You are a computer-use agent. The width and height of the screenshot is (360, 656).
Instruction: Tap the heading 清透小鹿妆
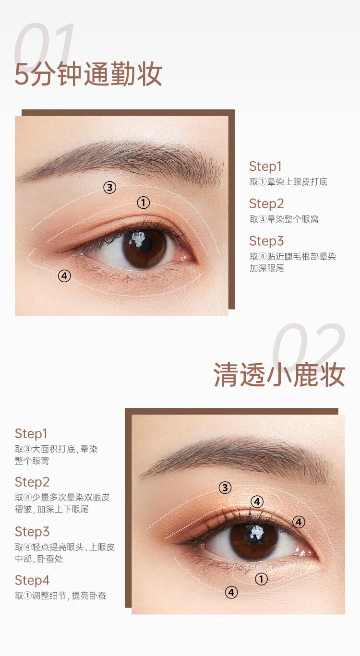click(x=279, y=375)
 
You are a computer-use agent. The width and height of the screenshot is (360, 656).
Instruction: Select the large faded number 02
click(x=309, y=347)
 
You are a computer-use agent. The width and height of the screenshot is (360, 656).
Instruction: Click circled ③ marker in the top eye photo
click(x=110, y=187)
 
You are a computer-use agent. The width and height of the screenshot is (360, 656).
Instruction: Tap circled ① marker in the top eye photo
click(x=143, y=203)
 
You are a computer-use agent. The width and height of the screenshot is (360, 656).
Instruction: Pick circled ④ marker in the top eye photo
click(x=64, y=275)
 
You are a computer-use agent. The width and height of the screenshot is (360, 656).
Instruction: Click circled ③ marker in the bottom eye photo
click(x=225, y=488)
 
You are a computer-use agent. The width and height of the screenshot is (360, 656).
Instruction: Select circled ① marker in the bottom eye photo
click(x=261, y=579)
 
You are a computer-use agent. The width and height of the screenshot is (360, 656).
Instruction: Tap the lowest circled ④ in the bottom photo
click(x=231, y=593)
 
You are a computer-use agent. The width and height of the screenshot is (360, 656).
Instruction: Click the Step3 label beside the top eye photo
click(x=266, y=241)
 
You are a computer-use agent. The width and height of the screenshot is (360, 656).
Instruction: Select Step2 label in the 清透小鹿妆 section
click(x=32, y=482)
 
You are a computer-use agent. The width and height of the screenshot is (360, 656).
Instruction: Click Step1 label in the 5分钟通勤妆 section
click(x=265, y=167)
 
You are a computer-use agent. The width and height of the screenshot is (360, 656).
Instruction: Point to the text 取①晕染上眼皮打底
click(x=288, y=182)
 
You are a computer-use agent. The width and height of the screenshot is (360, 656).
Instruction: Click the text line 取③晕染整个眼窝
click(x=284, y=219)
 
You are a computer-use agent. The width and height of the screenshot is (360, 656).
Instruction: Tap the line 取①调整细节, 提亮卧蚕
click(x=60, y=596)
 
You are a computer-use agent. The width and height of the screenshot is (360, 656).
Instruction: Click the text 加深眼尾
click(x=266, y=268)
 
